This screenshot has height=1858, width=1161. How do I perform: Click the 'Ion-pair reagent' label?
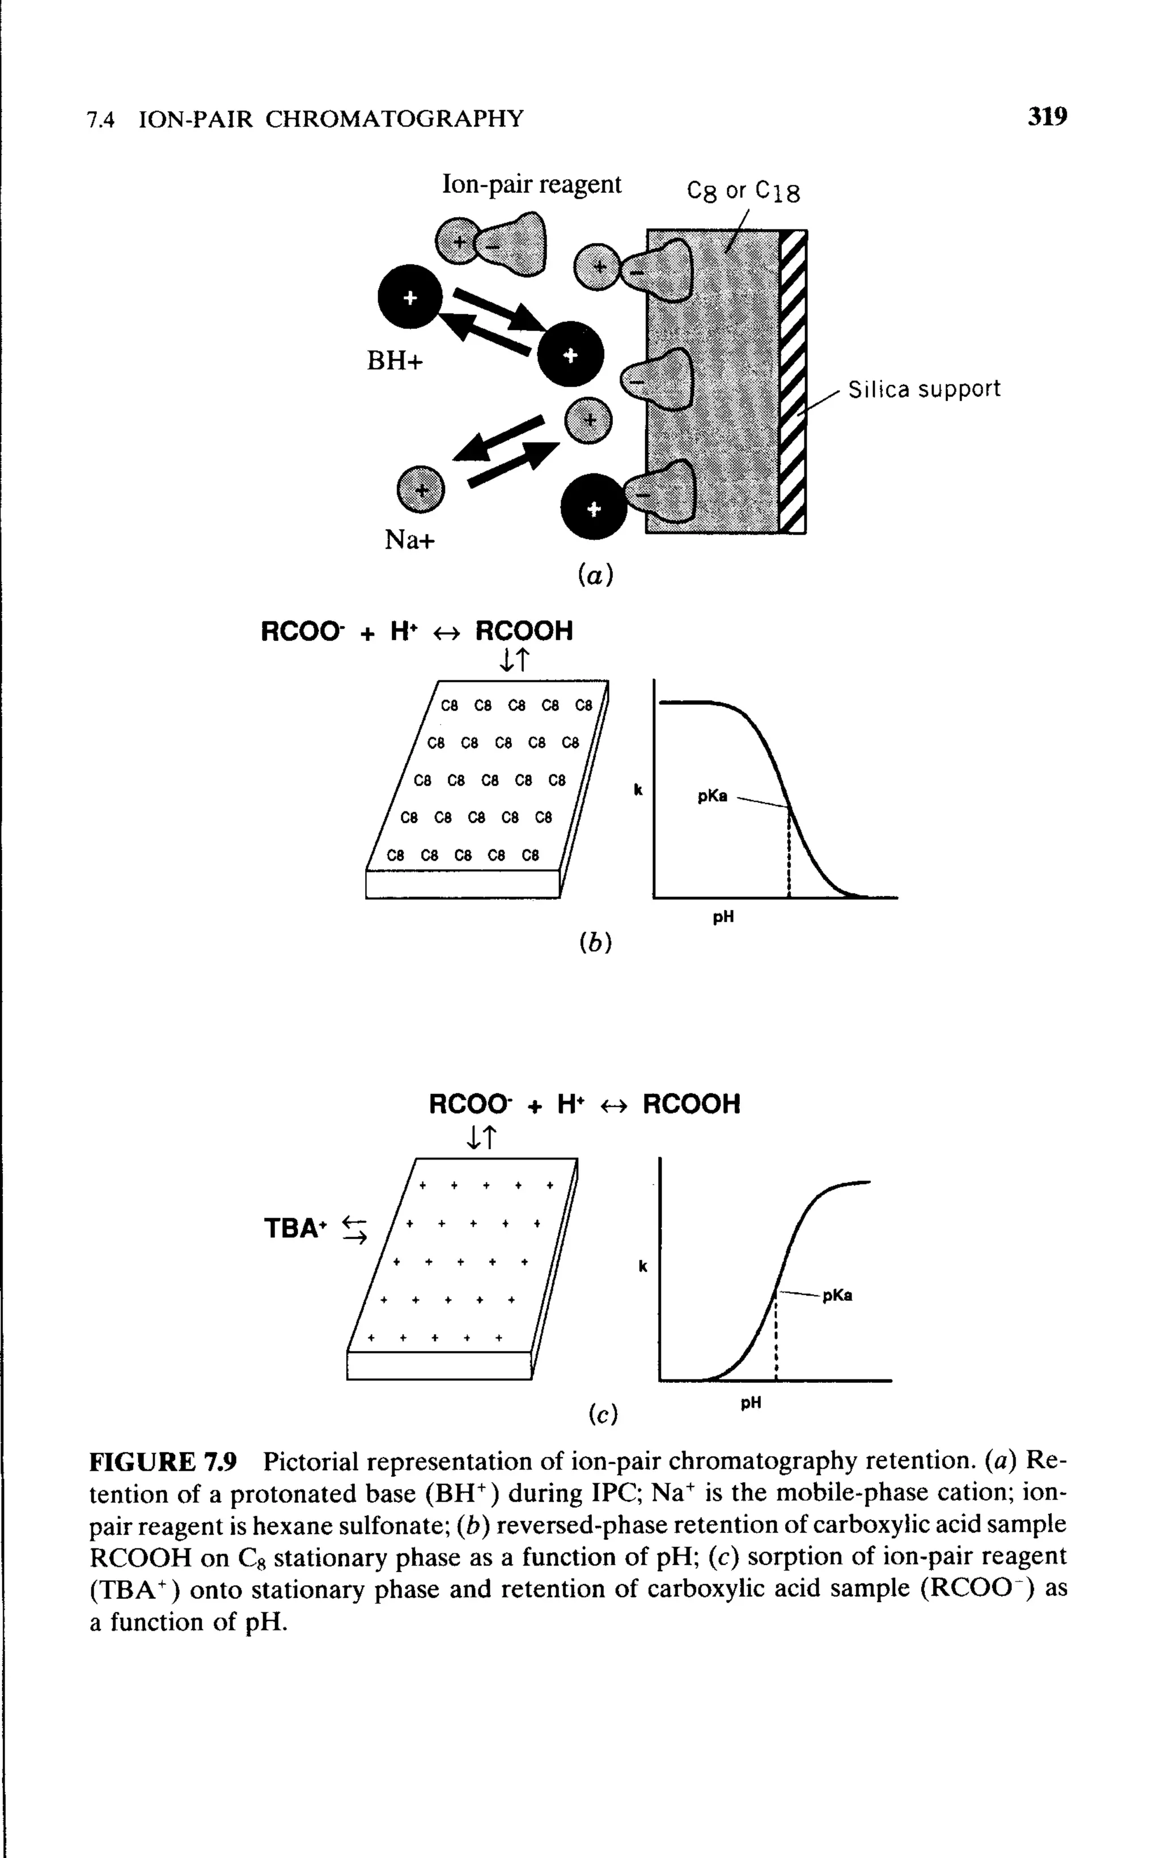pyautogui.click(x=531, y=185)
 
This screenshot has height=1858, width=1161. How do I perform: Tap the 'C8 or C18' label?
pyautogui.click(x=743, y=191)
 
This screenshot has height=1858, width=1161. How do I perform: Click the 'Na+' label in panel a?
pyautogui.click(x=409, y=540)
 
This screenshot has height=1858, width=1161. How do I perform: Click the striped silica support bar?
pyautogui.click(x=793, y=381)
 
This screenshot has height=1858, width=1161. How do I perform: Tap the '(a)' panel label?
pyautogui.click(x=596, y=575)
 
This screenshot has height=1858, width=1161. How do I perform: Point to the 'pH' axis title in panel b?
pyautogui.click(x=723, y=917)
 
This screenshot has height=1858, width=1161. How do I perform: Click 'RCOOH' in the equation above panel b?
pyautogui.click(x=524, y=631)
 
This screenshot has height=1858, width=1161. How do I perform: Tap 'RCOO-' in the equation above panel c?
pyautogui.click(x=469, y=1105)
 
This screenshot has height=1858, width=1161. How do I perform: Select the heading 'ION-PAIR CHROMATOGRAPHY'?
pyautogui.click(x=331, y=119)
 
